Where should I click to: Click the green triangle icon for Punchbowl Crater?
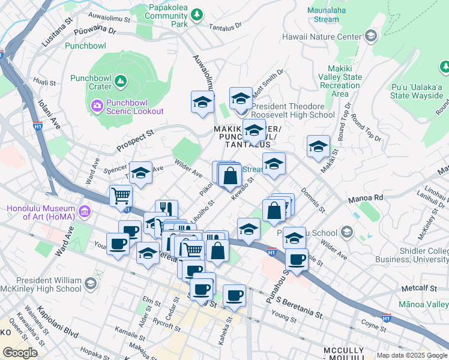coord(121,80)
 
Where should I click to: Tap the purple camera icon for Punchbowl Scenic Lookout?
coord(97,106)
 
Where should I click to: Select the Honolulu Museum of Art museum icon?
coord(84,212)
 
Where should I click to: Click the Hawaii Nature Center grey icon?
coord(370,37)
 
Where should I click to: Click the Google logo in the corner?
coord(20,352)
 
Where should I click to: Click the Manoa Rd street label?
coord(366,197)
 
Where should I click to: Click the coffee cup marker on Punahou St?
coord(296,259)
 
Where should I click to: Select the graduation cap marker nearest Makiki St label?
coord(318,146)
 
